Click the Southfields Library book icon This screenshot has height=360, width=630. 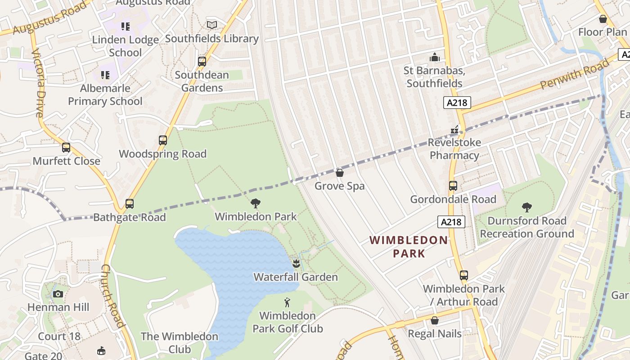click(211, 25)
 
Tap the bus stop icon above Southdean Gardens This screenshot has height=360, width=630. click(202, 62)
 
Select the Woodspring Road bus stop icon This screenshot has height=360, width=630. click(163, 140)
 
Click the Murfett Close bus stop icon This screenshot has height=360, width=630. click(66, 148)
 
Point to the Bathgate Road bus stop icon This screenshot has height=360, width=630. click(130, 204)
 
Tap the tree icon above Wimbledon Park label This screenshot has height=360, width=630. click(256, 203)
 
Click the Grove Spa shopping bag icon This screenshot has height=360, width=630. click(340, 173)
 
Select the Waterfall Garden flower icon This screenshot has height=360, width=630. click(296, 263)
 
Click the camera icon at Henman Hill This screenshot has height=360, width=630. click(58, 294)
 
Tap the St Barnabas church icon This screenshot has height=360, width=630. click(434, 57)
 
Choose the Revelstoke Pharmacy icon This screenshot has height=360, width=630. click(454, 130)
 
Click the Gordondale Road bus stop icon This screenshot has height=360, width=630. click(453, 186)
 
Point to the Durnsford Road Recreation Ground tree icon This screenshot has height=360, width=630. click(527, 207)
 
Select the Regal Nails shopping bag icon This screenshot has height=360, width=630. click(435, 320)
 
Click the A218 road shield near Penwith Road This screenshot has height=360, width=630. click(457, 103)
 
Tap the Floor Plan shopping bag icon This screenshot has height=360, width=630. click(603, 19)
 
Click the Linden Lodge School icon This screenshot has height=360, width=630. click(126, 27)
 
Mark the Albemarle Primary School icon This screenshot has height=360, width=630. click(105, 75)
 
